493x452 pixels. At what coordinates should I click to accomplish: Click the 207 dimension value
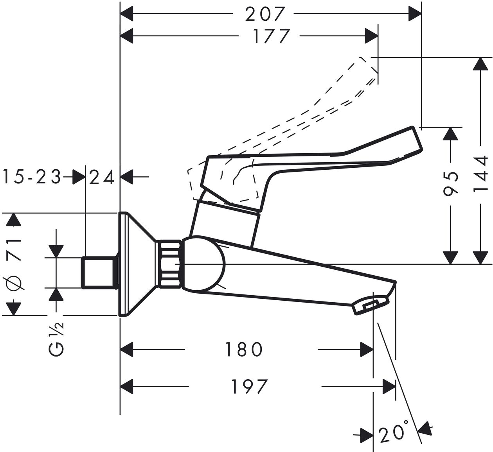coord(265,14)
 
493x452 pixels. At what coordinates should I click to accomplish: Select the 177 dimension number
coord(271,36)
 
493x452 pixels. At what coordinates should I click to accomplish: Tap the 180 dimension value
coord(243,349)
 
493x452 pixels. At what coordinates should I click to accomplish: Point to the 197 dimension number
coord(250,387)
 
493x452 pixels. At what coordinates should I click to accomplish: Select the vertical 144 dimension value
coord(480,174)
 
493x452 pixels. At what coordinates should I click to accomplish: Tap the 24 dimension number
coord(101,177)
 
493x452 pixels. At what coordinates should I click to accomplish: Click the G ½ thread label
coord(56,338)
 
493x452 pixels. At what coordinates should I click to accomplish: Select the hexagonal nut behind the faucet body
coord(170,264)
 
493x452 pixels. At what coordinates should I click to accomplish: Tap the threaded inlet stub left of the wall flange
coord(99,273)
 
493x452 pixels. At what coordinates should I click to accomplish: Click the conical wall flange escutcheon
coord(137,264)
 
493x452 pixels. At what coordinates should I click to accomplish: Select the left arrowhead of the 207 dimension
coord(126,14)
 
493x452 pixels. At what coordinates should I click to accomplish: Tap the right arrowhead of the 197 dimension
coord(389,387)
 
